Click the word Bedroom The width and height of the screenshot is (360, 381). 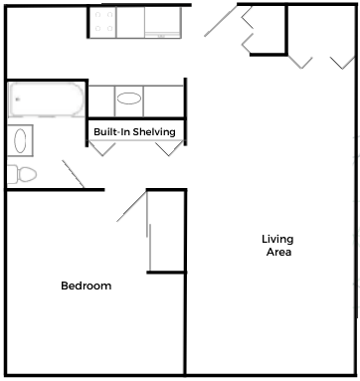pos(86,286)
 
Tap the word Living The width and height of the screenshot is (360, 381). pos(277,239)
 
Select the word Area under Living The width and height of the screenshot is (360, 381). pos(277,252)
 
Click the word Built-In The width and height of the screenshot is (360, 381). pos(109,131)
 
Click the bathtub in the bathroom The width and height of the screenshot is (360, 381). pos(46,100)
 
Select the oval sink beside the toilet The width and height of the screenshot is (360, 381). pos(21,139)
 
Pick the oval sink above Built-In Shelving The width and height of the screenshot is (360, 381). pos(129,99)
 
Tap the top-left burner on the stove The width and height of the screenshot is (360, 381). pos(96,14)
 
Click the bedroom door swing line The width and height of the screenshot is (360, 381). pos(130,209)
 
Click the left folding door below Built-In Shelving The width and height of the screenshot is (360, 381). pos(104,149)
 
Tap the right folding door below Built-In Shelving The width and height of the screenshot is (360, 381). pos(168,149)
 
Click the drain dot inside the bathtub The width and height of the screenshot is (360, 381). pos(17,100)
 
